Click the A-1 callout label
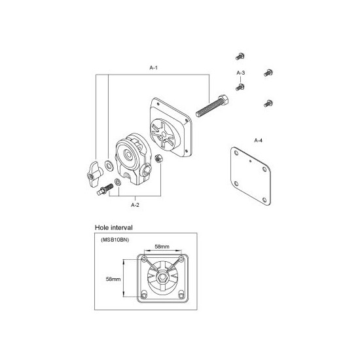pyautogui.click(x=154, y=67)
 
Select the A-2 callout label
pyautogui.click(x=135, y=205)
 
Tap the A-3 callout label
pyautogui.click(x=241, y=73)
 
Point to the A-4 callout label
pyautogui.click(x=259, y=140)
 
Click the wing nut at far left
pyautogui.click(x=94, y=174)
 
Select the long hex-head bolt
pyautogui.click(x=211, y=106)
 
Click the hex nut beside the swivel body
pyautogui.click(x=158, y=158)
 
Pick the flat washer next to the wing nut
pyautogui.click(x=109, y=166)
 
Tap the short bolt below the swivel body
pyautogui.click(x=105, y=189)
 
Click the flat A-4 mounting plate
pyautogui.click(x=251, y=176)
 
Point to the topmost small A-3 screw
pyautogui.click(x=240, y=56)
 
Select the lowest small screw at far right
pyautogui.click(x=268, y=103)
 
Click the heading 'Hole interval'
pyautogui.click(x=114, y=228)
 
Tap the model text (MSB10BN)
pyautogui.click(x=115, y=240)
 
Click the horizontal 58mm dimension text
pyautogui.click(x=162, y=247)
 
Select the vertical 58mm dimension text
pyautogui.click(x=113, y=279)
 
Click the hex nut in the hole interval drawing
pyautogui.click(x=163, y=278)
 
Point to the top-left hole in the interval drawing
pyautogui.click(x=144, y=259)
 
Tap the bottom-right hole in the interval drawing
pyautogui.click(x=181, y=295)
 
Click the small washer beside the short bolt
pyautogui.click(x=118, y=182)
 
